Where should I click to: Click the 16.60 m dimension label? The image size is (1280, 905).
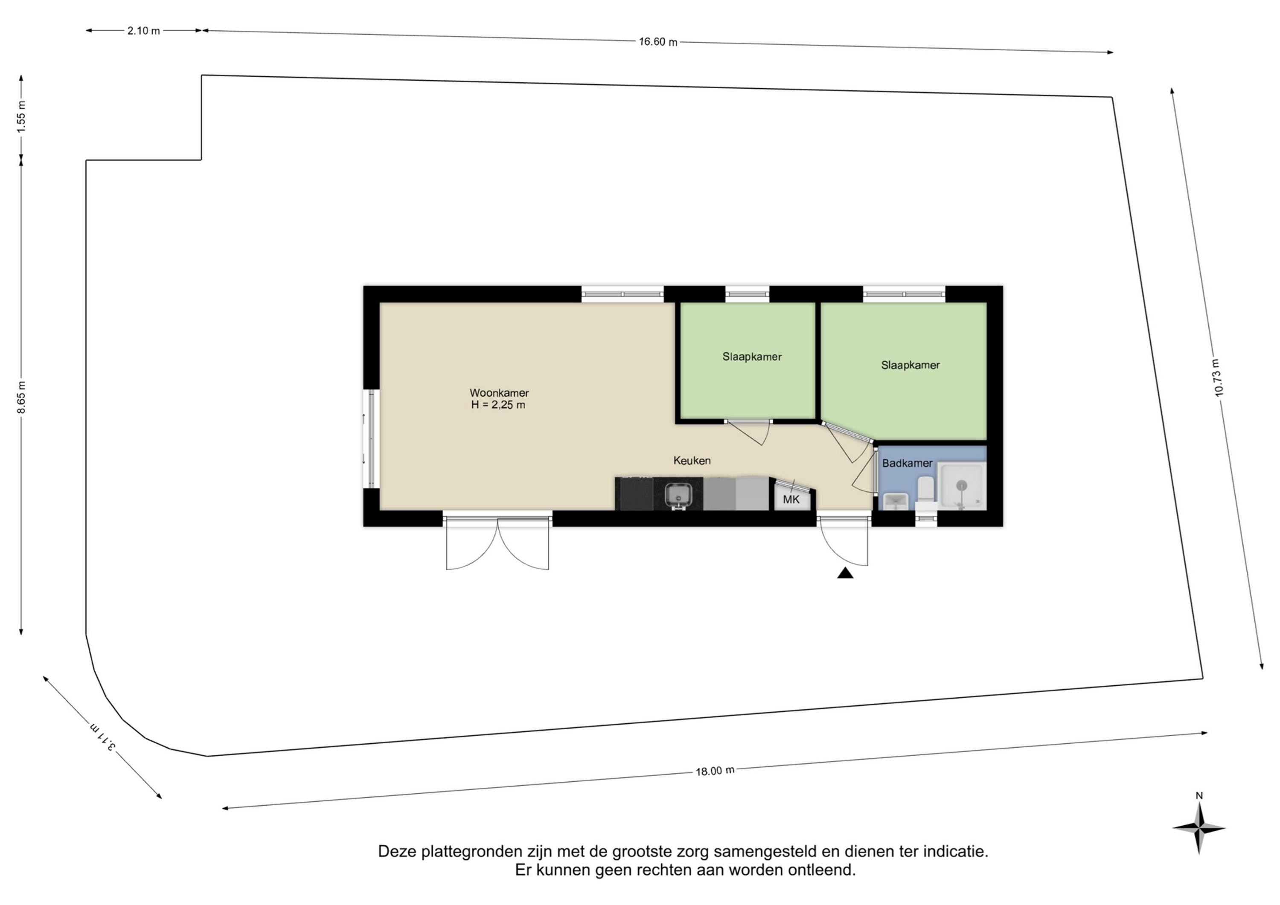coord(658,42)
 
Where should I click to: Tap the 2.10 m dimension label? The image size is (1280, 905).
coord(143,31)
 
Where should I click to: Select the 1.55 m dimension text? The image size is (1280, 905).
coord(21,116)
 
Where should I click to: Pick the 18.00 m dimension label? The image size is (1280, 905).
coord(715,771)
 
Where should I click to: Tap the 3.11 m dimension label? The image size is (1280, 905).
coord(103,737)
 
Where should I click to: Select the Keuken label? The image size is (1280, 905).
coord(692,460)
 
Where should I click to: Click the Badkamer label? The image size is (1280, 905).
coord(907,463)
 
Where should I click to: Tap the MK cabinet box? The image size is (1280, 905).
coord(791,499)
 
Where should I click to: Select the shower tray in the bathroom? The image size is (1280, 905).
coord(962,486)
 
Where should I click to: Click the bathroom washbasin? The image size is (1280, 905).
coord(895,502)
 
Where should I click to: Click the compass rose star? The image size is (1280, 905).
coord(1199,828)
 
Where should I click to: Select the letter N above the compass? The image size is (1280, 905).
coord(1199,796)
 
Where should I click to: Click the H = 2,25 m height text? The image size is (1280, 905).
coord(498,405)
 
